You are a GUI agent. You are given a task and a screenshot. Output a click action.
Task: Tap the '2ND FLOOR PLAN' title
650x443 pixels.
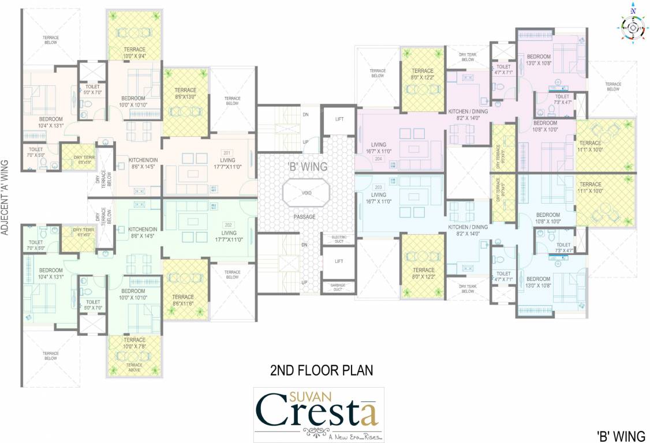[322, 370]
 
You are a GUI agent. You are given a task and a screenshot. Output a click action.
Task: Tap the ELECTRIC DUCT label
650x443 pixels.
[338, 239]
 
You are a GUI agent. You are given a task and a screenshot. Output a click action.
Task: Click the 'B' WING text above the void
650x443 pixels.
[307, 167]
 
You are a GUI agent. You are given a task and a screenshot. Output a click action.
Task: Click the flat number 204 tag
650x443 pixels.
[378, 159]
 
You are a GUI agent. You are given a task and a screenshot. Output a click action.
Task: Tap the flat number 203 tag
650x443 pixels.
[378, 187]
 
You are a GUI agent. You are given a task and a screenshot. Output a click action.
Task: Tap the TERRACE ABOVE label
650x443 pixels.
[134, 367]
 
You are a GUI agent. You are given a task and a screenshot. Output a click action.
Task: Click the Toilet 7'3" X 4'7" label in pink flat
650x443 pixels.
[562, 99]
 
